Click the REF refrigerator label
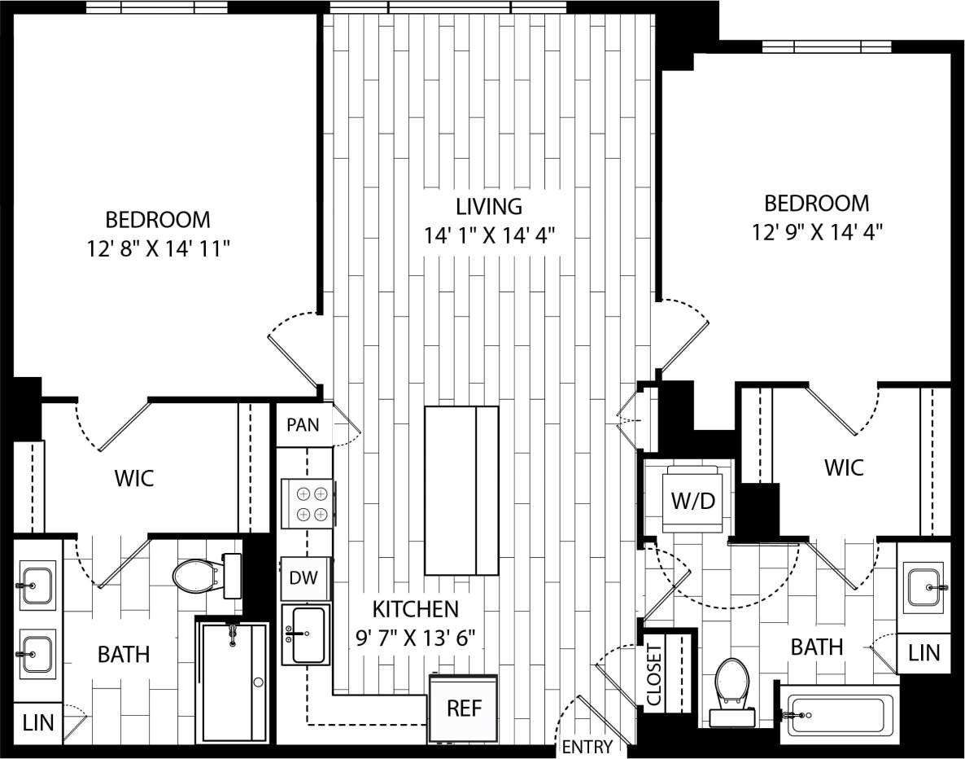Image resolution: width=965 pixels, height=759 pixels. point(465,708)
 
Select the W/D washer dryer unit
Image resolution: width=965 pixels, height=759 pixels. point(692,499)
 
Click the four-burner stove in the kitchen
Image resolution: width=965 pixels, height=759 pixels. point(306,503)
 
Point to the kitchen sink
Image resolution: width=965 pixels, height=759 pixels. point(306,634)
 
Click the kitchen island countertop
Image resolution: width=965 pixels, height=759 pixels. point(461,490)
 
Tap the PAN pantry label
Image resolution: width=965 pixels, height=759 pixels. point(304,423)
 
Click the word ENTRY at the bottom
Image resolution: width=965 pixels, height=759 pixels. point(587,747)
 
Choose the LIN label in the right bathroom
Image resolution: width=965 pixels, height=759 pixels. point(924,652)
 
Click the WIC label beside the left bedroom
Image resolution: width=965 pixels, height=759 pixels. point(134,478)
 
